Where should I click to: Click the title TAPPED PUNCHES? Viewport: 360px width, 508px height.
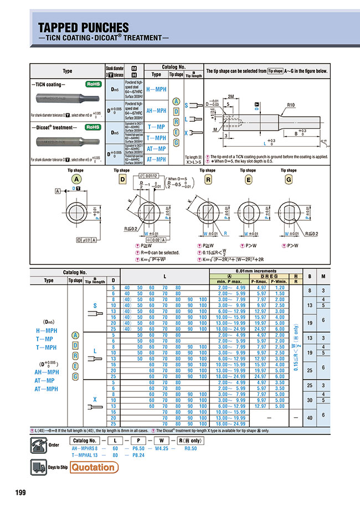pyautogui.click(x=83, y=27)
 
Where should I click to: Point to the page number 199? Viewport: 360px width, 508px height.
pyautogui.click(x=20, y=493)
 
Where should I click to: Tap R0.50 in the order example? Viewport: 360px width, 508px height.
pyautogui.click(x=189, y=448)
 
